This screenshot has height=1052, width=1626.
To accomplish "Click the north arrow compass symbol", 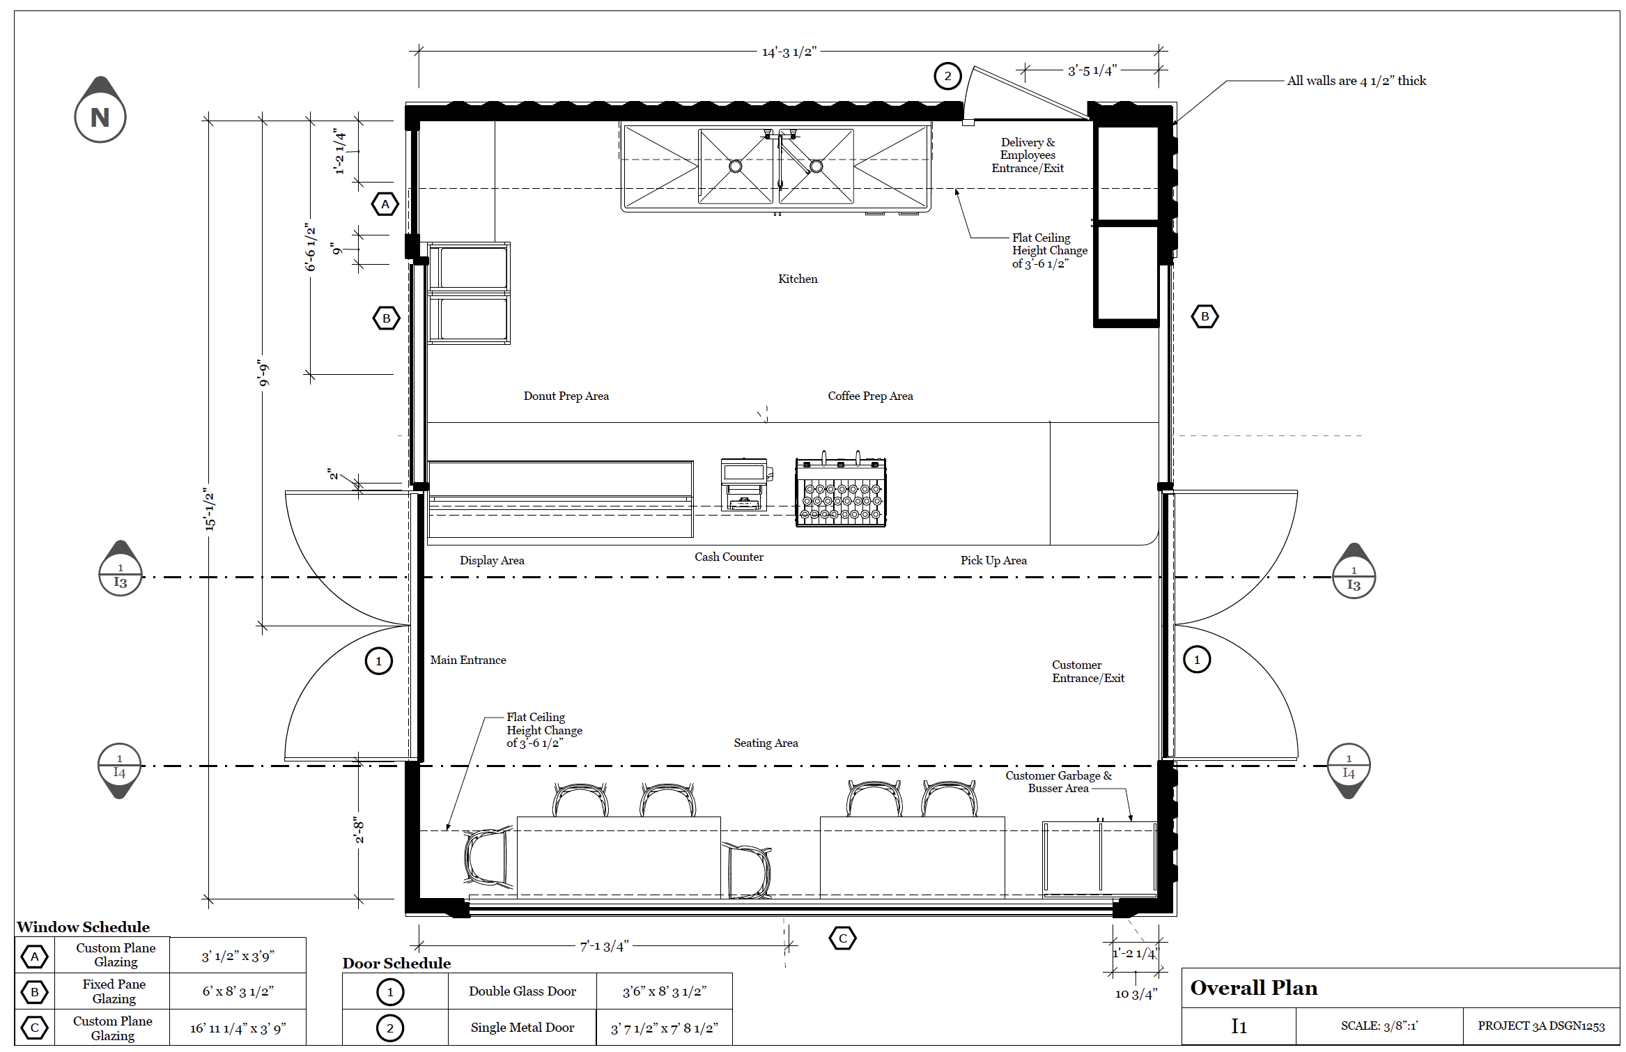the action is point(100,111).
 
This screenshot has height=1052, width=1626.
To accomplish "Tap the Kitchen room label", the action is point(798,279).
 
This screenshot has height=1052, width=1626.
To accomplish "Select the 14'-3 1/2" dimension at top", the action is point(789,52).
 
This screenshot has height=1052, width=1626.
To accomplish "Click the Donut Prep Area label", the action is point(566,396).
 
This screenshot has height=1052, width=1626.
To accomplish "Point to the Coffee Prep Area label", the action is point(870,396).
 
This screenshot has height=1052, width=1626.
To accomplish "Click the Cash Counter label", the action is point(729,557).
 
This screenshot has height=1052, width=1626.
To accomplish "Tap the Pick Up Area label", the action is point(993,560).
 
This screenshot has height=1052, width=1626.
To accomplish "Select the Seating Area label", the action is point(766,743).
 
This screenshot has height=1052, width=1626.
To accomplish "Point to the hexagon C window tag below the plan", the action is point(842,938).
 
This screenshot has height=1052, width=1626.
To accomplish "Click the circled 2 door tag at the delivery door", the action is point(947,76).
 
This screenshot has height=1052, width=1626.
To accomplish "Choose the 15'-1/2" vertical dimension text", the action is point(210,509).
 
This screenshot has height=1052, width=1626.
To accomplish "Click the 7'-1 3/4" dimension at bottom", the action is point(604,945).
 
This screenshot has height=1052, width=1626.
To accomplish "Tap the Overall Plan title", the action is point(1254,988).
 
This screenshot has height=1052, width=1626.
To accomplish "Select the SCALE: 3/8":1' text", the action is point(1379,1026).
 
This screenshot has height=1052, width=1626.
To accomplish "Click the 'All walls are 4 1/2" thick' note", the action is point(1356,81).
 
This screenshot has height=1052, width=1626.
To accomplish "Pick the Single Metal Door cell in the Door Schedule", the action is point(522,1028).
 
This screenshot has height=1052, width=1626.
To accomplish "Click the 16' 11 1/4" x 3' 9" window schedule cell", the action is point(238,1028).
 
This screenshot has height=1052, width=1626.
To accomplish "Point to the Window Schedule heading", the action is point(84,927).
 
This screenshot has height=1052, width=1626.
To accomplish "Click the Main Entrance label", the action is point(468,660).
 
